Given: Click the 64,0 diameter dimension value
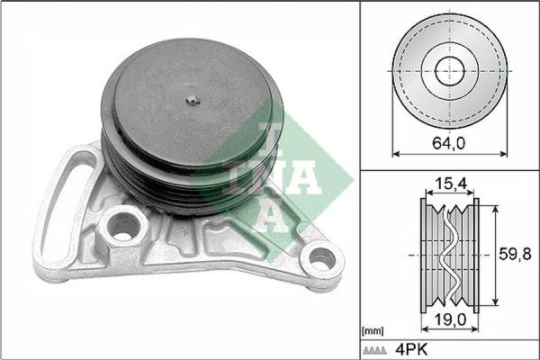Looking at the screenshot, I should pos(448,141).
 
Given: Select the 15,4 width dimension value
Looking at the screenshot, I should pos(448,184).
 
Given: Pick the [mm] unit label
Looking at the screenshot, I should pos(372,330).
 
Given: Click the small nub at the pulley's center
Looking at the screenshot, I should pos(191,102).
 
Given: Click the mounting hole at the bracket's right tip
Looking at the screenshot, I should pos(319,262).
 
